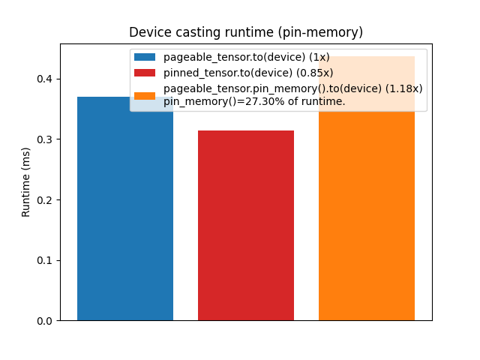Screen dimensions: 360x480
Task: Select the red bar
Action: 246,225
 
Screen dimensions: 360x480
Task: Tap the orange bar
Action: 367,217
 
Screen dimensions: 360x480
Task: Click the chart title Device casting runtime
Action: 246,32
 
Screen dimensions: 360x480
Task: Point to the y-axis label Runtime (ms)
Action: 26,182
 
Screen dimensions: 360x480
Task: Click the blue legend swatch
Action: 145,57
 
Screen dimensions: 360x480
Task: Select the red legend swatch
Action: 145,73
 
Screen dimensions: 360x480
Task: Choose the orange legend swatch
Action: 145,95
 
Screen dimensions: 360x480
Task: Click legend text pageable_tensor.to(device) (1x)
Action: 246,57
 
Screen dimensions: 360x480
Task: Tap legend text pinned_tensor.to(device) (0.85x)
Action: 248,73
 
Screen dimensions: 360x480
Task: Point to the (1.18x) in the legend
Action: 404,88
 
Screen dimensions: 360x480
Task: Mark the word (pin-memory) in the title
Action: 326,32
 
